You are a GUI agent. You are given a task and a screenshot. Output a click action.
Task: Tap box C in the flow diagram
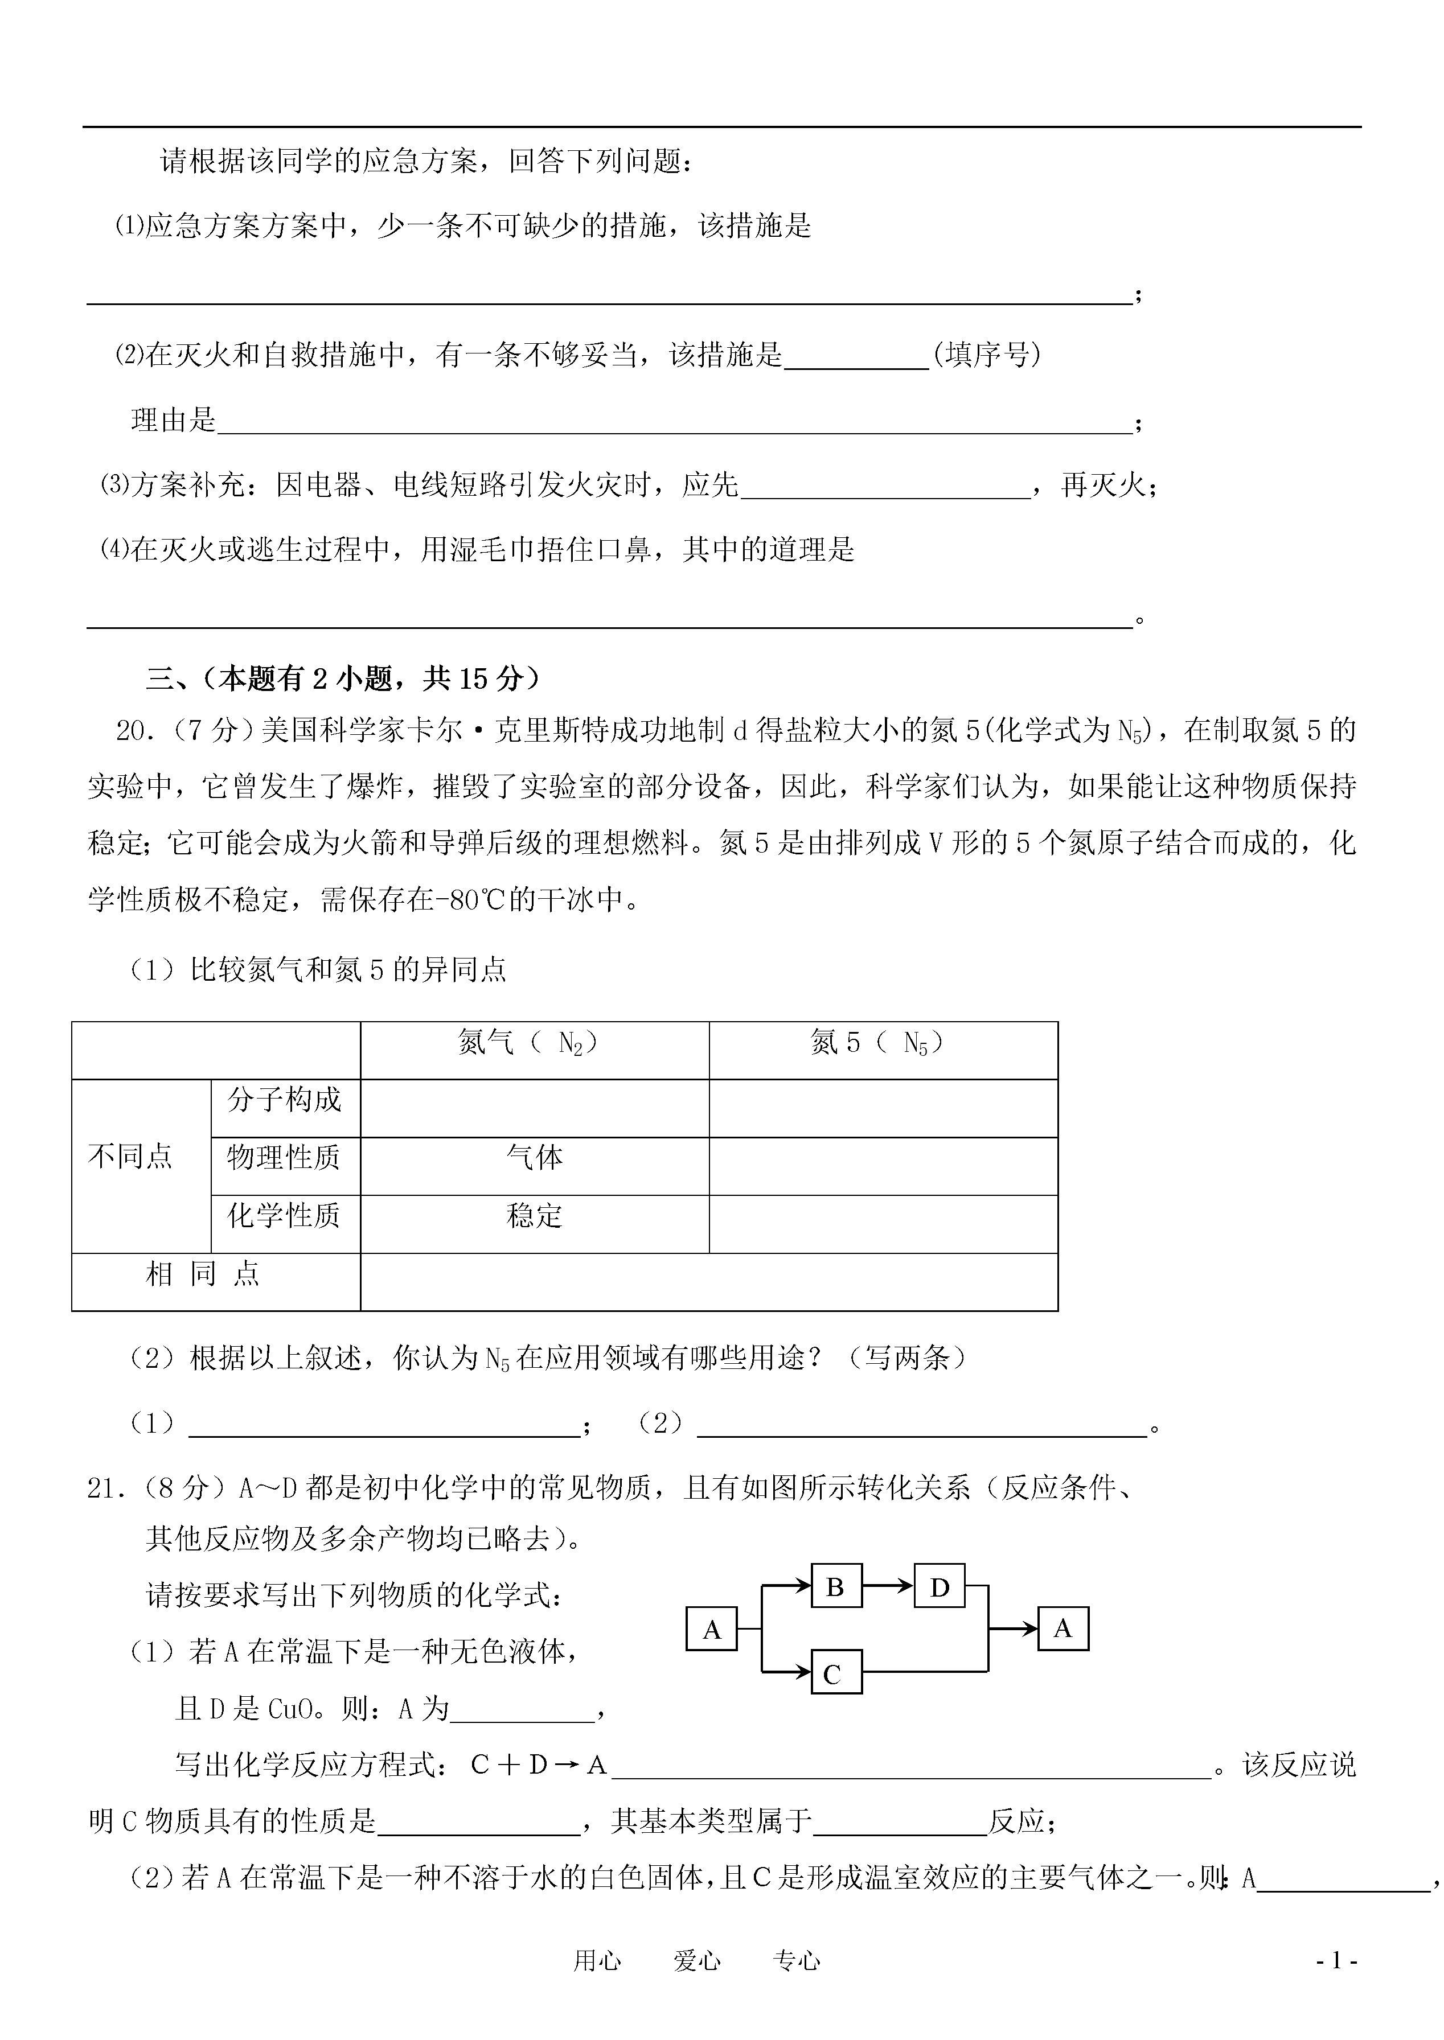click(836, 1674)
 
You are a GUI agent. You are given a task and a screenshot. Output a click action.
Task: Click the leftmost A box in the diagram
click(711, 1630)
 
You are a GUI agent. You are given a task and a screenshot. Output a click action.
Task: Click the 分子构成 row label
click(285, 1100)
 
